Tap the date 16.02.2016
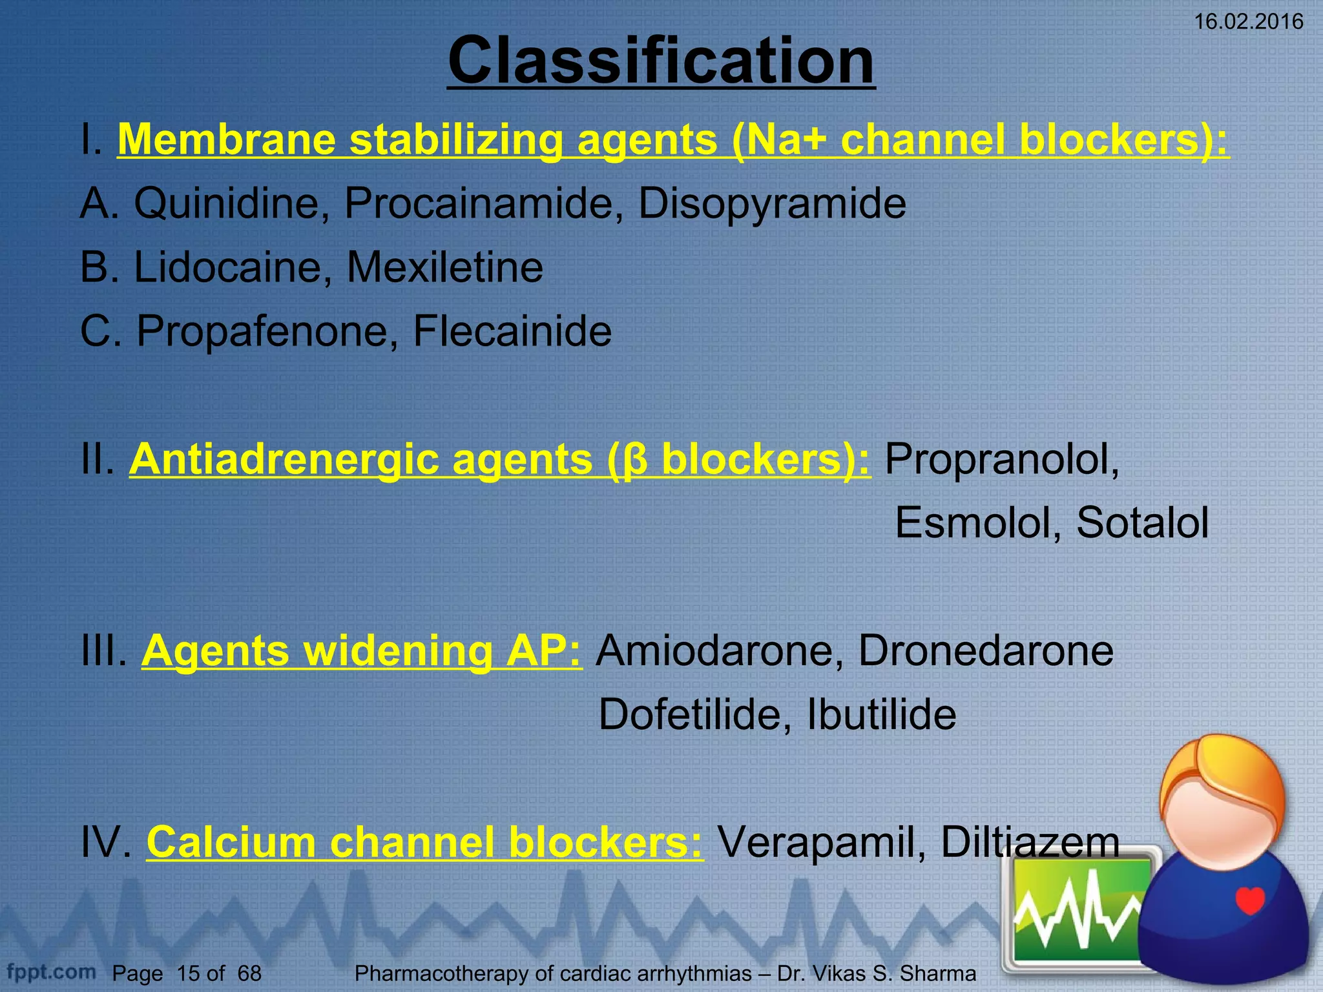pyautogui.click(x=1248, y=22)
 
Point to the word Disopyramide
pyautogui.click(x=772, y=203)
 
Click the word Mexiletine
pyautogui.click(x=445, y=267)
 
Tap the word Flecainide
pyautogui.click(x=512, y=331)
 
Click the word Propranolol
pyautogui.click(x=1001, y=459)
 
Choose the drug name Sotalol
pyautogui.click(x=1142, y=522)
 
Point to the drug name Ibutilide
pyautogui.click(x=881, y=714)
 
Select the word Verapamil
pyautogui.click(x=820, y=842)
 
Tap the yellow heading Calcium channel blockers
pyautogui.click(x=424, y=842)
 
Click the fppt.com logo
pyautogui.click(x=51, y=971)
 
